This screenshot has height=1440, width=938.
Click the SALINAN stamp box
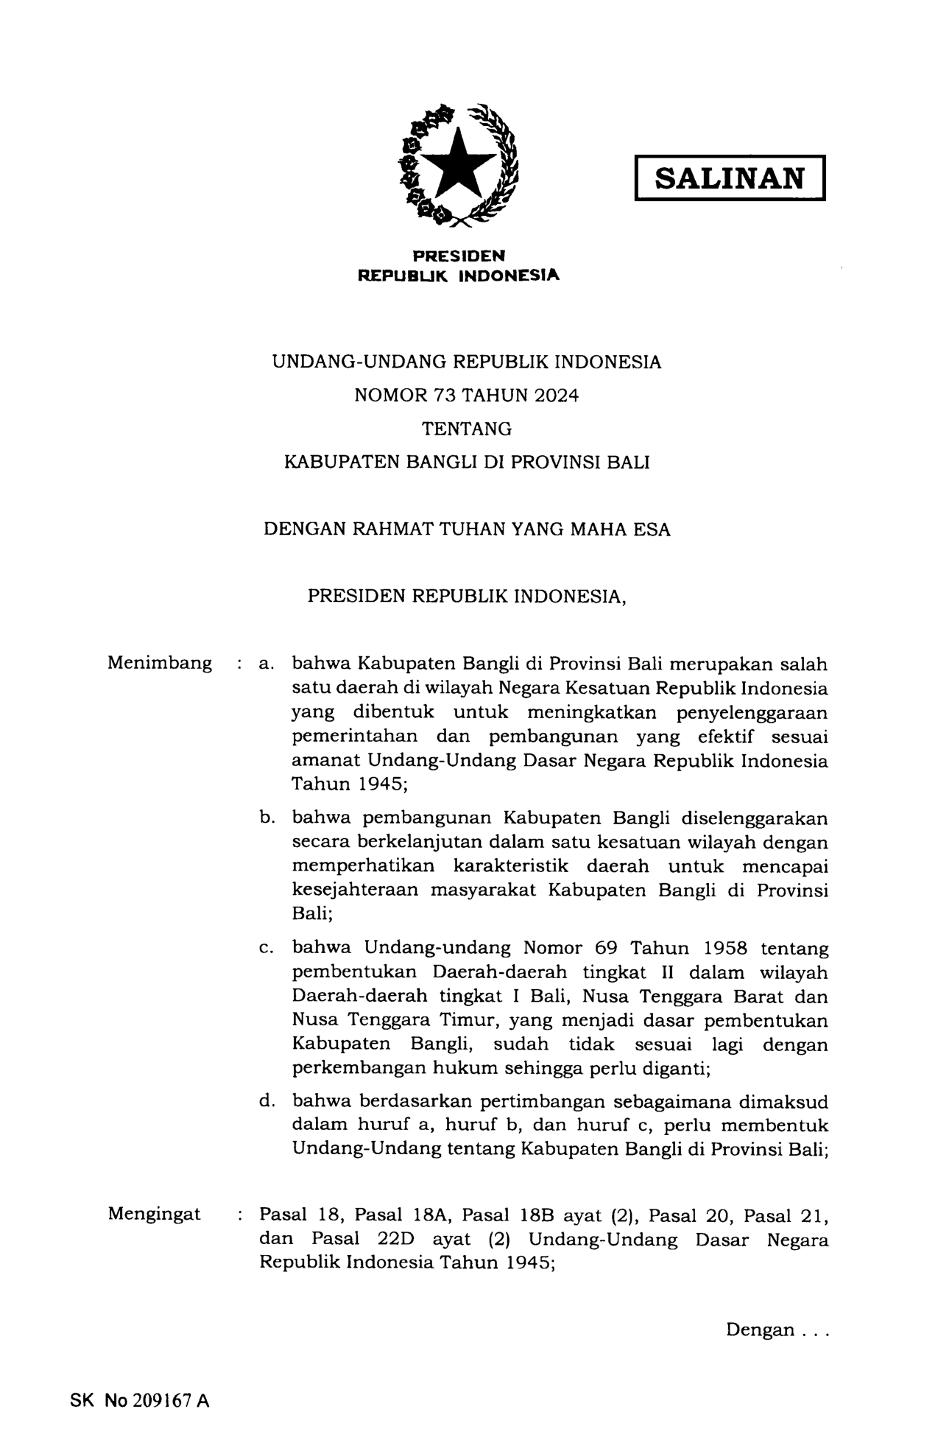pos(729,178)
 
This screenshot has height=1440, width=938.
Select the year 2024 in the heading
pos(557,395)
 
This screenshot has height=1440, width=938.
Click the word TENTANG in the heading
pos(467,429)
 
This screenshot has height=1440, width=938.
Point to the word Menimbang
pos(160,663)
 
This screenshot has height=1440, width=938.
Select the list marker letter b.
pos(266,818)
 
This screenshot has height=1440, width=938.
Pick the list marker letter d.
pos(266,1101)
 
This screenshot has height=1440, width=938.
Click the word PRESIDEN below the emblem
pos(459,256)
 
